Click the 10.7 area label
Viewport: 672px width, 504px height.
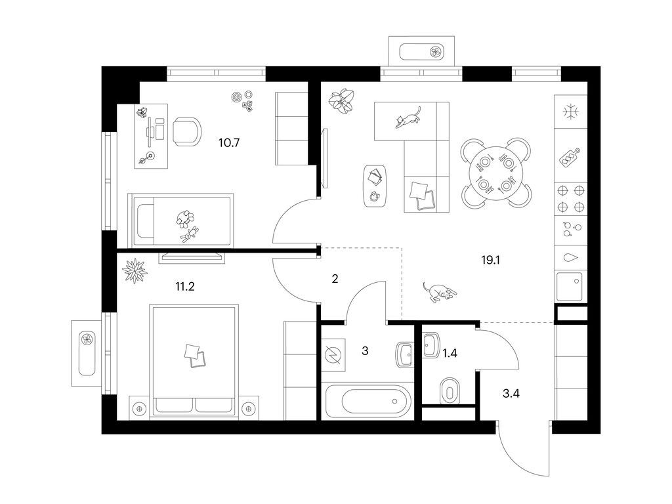[229, 142]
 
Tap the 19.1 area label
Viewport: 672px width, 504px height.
[491, 260]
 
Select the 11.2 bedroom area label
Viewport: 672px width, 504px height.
[184, 286]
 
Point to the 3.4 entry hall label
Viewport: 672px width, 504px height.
[511, 393]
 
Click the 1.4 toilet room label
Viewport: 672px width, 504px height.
[450, 354]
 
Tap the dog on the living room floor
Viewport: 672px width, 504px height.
[439, 292]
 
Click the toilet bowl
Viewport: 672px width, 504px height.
[449, 390]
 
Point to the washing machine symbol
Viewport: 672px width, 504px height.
[333, 355]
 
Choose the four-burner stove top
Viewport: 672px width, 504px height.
[570, 198]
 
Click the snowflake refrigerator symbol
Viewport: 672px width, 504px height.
[571, 112]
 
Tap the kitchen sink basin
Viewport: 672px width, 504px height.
[569, 286]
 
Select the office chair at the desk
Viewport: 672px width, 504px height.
[187, 132]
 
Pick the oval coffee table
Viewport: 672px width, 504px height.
[376, 186]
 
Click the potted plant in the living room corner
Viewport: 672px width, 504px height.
[341, 102]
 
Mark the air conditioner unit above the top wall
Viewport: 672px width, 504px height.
[422, 51]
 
